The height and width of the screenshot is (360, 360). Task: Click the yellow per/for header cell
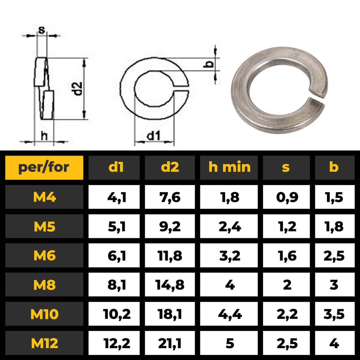pyautogui.click(x=44, y=168)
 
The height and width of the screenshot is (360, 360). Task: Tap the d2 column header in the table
pyautogui.click(x=170, y=168)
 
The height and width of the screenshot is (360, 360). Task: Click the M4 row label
pyautogui.click(x=44, y=197)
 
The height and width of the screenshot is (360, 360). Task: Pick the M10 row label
pyautogui.click(x=44, y=314)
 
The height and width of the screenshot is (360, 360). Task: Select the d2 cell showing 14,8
pyautogui.click(x=170, y=284)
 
